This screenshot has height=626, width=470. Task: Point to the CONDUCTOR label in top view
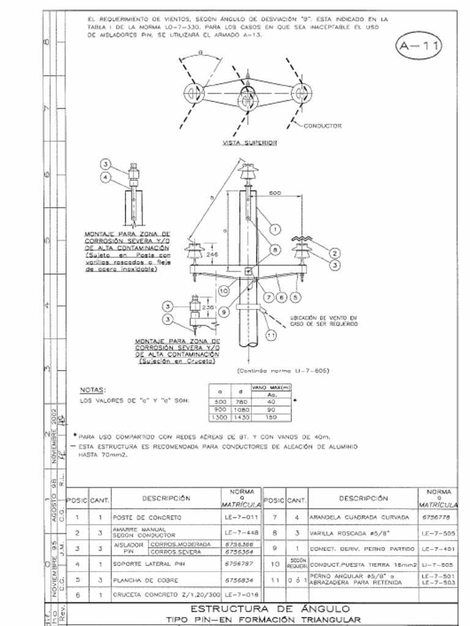tap(323, 126)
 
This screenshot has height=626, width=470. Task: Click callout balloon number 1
tap(275, 229)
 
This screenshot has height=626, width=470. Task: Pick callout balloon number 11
tap(271, 334)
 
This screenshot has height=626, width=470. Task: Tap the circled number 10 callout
tap(223, 290)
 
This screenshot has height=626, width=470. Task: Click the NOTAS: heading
tap(94, 389)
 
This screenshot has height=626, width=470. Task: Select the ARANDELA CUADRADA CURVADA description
tap(359, 517)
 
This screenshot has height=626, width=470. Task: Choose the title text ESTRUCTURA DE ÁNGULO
tap(270, 609)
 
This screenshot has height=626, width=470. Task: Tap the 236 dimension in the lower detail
tap(207, 307)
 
